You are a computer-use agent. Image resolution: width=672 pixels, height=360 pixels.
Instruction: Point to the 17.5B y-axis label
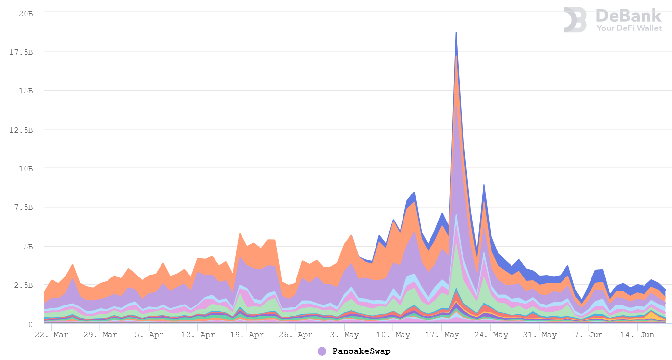(x=23, y=52)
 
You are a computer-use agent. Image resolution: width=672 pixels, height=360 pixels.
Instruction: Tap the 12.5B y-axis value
(x=23, y=129)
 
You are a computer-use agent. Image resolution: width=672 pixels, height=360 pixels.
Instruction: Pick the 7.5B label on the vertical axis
(x=25, y=207)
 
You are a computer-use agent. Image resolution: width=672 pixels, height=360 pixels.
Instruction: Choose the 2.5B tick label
(x=25, y=285)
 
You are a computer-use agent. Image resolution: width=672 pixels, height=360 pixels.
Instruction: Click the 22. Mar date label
(x=52, y=335)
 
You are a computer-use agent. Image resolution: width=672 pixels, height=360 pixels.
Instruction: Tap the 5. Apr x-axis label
(x=149, y=335)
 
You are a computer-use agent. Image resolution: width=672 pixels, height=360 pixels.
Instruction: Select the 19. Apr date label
(x=247, y=335)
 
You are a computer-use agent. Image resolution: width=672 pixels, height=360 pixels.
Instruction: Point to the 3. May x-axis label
(x=345, y=335)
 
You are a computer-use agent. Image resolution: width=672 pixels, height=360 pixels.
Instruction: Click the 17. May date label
(x=442, y=335)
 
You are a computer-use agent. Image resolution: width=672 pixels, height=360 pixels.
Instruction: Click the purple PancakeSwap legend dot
(x=322, y=351)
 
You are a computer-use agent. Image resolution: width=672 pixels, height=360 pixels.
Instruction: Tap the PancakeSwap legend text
(x=361, y=351)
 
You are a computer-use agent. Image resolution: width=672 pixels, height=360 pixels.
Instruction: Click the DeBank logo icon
(x=575, y=20)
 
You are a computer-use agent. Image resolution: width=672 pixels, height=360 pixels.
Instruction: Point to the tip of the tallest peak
(x=456, y=32)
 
